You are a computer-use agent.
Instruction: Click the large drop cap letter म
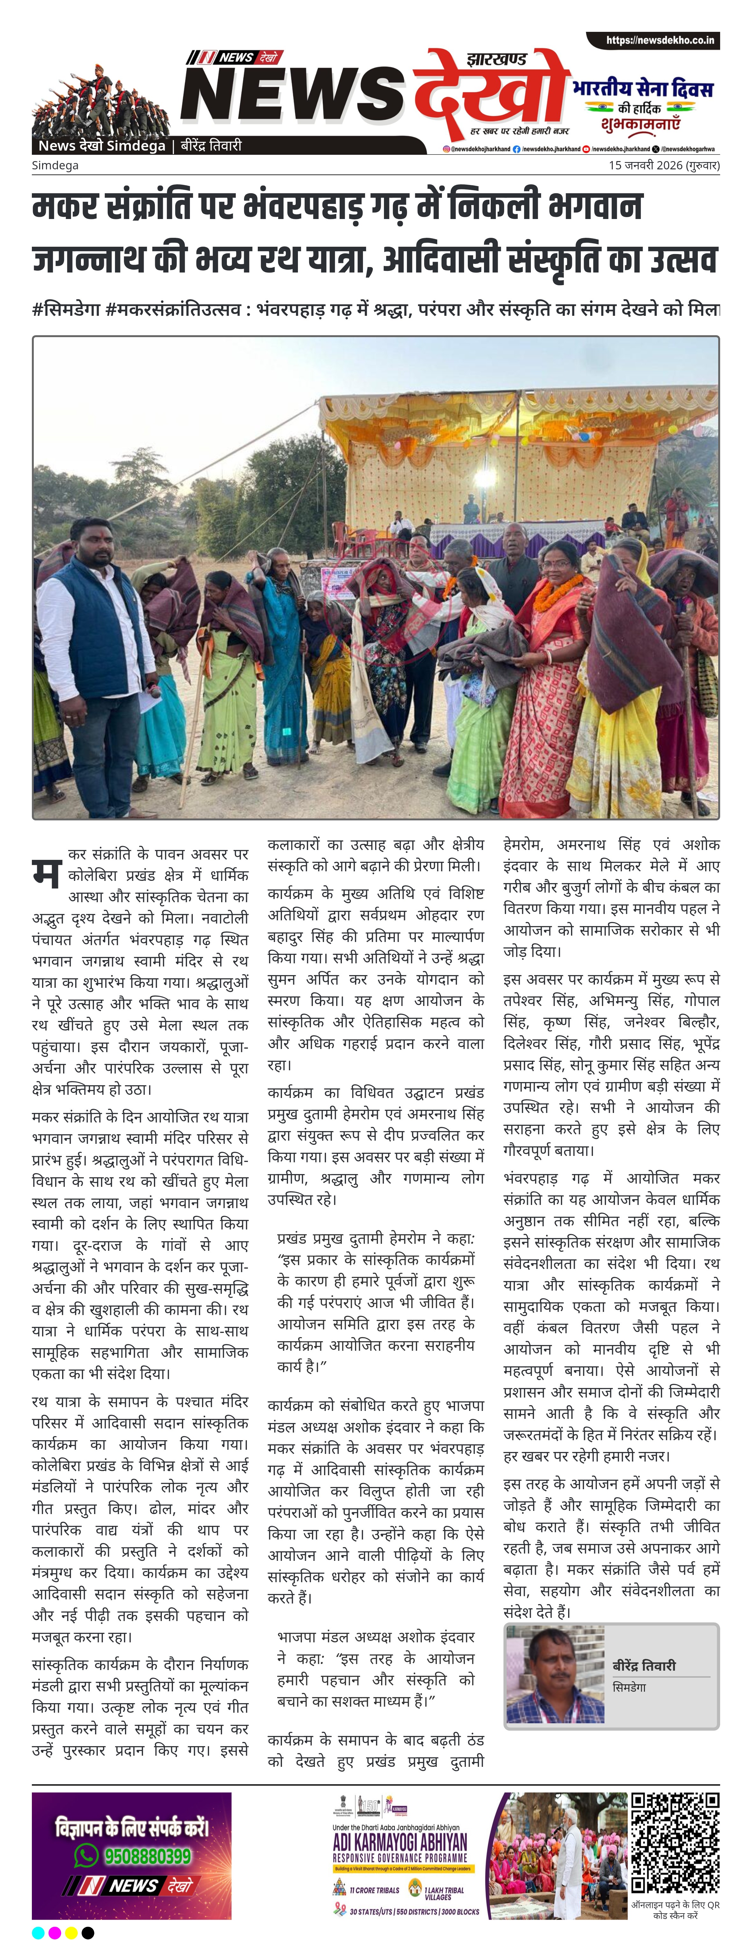pyautogui.click(x=46, y=872)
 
